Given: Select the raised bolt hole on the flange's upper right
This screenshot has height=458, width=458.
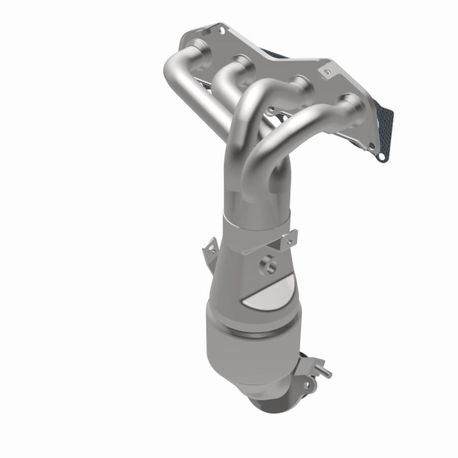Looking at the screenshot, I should coord(327,72).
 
